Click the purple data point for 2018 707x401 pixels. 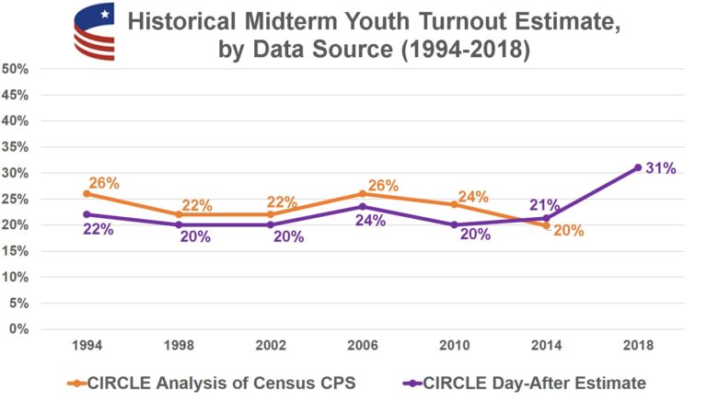(637, 167)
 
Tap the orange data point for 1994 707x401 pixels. (87, 193)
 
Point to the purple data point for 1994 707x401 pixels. (87, 214)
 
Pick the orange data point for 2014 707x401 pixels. (546, 224)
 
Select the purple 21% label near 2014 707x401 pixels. (545, 204)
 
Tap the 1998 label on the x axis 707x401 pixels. (178, 345)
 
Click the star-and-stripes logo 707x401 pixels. (93, 31)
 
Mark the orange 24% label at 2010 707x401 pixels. (472, 197)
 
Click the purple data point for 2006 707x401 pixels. (362, 207)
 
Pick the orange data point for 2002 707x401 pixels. (270, 214)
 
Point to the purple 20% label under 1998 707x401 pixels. (195, 236)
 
